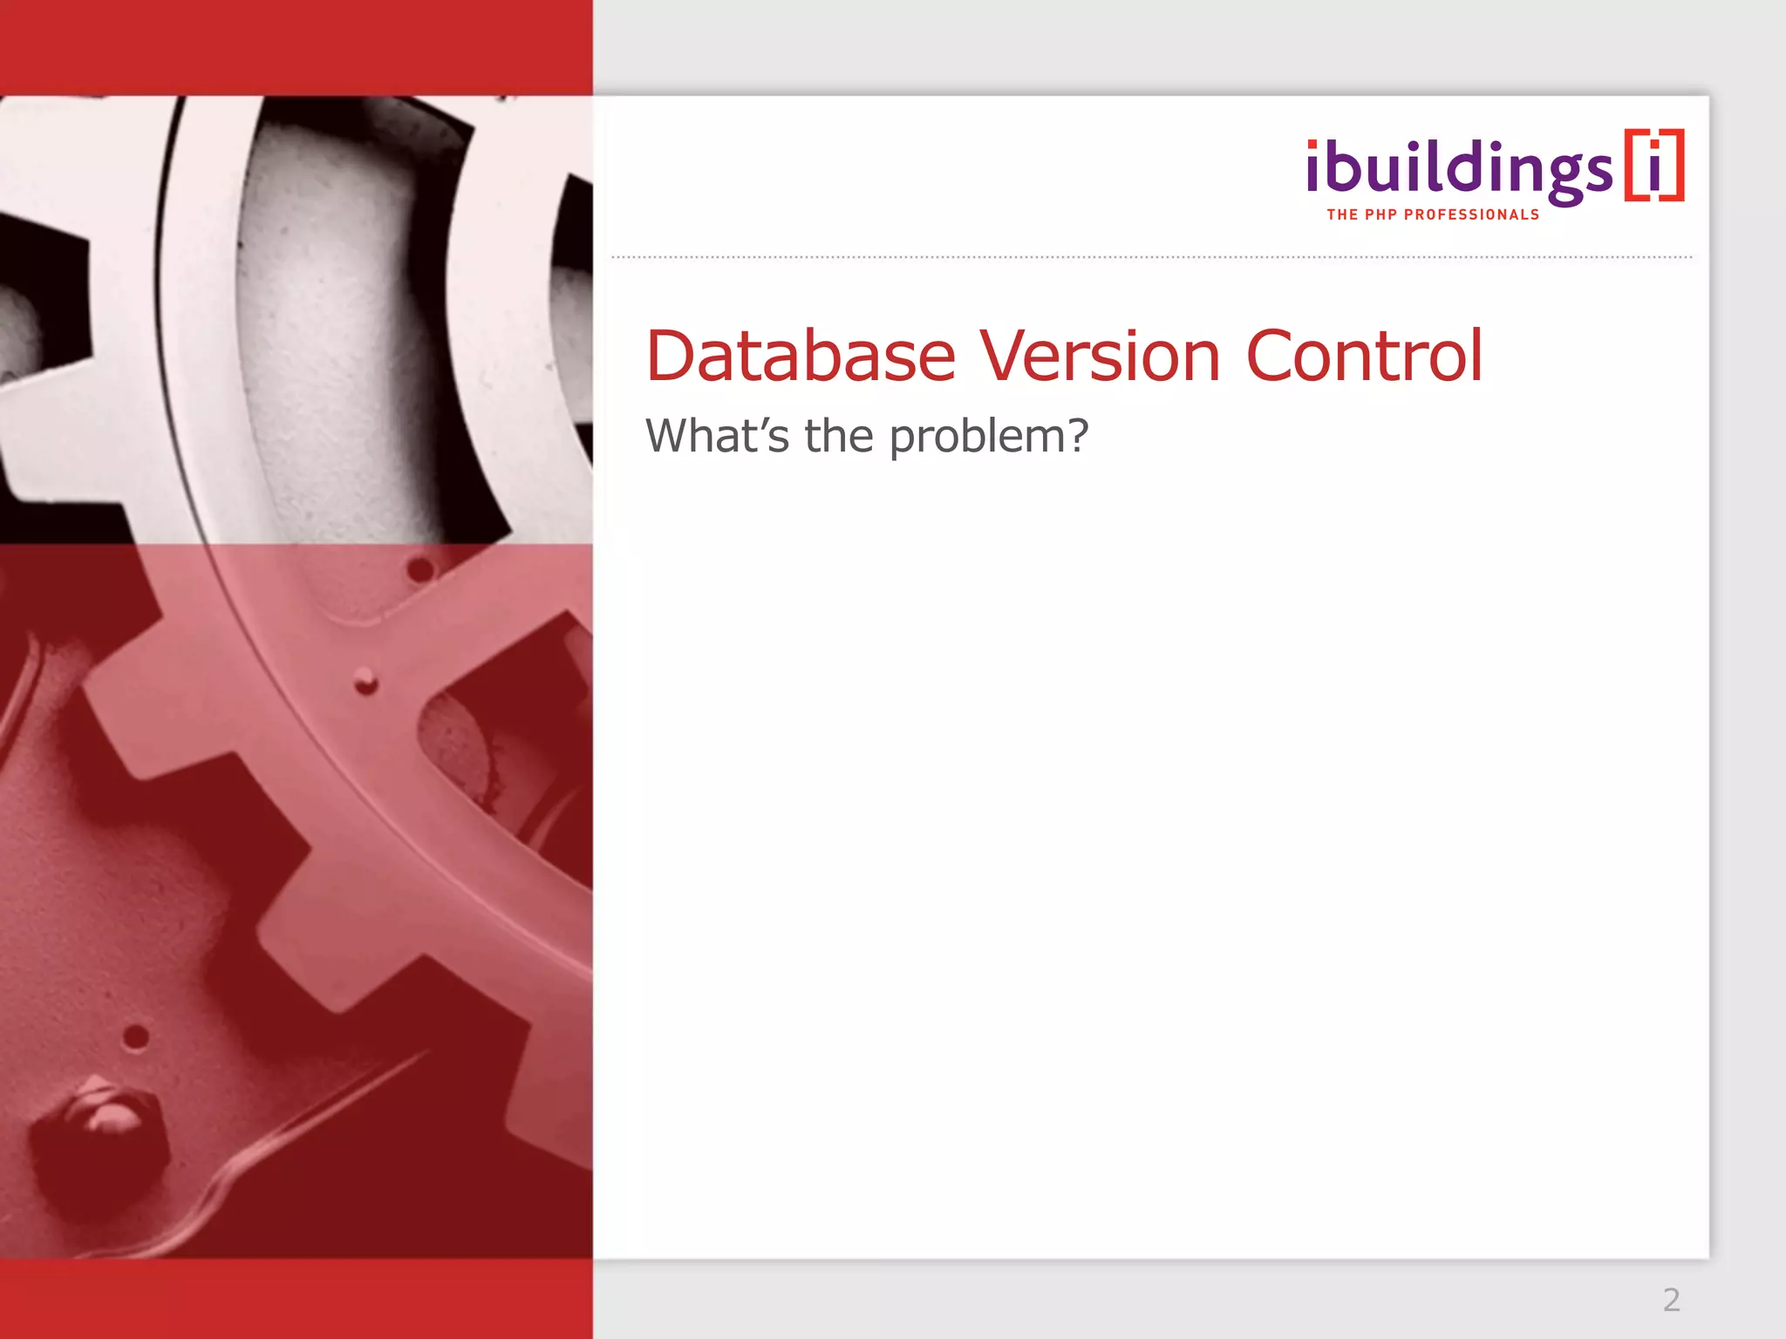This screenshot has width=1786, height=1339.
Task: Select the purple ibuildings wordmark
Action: click(x=1459, y=169)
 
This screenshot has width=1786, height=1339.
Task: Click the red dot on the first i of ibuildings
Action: click(x=1313, y=146)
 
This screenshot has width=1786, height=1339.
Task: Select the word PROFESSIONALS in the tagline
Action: click(x=1471, y=214)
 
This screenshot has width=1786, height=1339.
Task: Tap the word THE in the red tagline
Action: click(x=1341, y=214)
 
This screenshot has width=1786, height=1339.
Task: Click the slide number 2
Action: click(x=1671, y=1300)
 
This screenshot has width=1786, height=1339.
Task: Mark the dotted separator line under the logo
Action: click(x=1151, y=257)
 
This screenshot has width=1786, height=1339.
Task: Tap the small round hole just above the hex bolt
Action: click(x=135, y=1037)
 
